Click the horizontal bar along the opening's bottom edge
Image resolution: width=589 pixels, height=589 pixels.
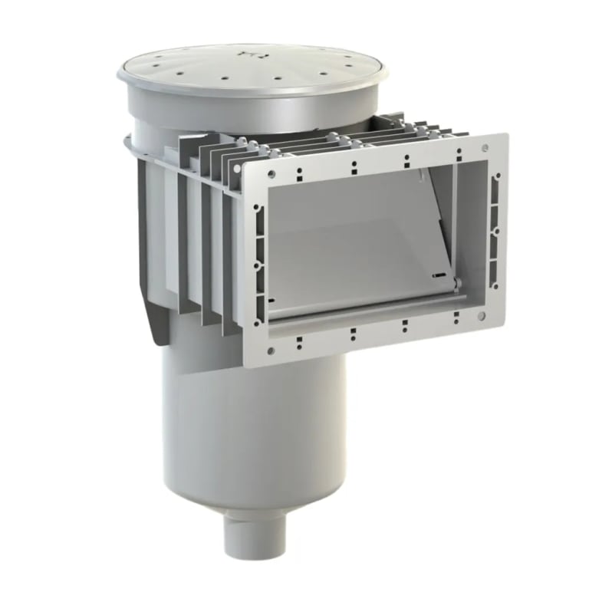click(360, 311)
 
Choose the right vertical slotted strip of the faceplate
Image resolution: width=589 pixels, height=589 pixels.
click(493, 230)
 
